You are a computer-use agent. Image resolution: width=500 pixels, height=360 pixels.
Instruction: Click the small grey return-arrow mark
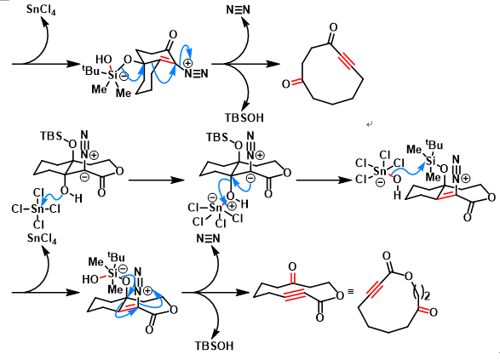tap(370, 124)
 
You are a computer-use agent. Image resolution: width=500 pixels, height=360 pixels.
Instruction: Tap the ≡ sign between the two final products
tap(350, 292)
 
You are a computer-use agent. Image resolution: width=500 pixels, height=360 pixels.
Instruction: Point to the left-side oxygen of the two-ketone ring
tap(286, 83)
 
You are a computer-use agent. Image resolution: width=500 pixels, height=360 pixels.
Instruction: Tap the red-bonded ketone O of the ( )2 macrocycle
tap(433, 311)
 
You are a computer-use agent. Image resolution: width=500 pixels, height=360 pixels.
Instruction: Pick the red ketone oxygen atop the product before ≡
tap(292, 266)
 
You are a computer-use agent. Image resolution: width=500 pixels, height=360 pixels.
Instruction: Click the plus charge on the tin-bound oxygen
tap(232, 206)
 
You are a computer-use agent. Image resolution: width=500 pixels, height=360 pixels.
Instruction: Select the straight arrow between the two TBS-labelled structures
tap(156, 180)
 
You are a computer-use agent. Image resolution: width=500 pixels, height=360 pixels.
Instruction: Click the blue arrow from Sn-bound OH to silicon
tap(410, 169)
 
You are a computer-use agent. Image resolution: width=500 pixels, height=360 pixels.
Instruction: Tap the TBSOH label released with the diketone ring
tap(244, 117)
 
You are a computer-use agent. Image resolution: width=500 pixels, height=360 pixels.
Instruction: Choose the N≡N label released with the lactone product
tap(208, 238)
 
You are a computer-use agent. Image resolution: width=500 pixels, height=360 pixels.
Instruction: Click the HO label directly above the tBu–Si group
tap(104, 60)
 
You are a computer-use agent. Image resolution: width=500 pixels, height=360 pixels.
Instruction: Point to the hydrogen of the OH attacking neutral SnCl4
tap(78, 199)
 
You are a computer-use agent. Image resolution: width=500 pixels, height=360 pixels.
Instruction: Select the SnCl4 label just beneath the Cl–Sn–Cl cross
tap(42, 238)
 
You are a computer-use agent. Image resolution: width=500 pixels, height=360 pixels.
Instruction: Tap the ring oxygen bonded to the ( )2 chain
tap(409, 276)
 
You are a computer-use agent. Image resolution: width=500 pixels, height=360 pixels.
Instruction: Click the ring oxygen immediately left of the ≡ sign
tap(340, 295)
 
